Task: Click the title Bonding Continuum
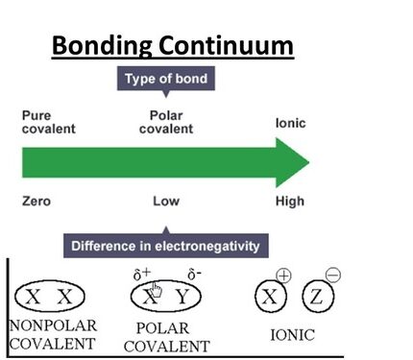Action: (172, 45)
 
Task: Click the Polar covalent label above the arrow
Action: (165, 122)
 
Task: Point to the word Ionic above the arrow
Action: (290, 123)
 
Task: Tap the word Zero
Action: (36, 202)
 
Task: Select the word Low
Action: (165, 202)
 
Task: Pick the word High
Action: (289, 202)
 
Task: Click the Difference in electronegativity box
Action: (165, 246)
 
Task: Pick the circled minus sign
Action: (333, 276)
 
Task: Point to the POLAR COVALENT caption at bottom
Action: (167, 336)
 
